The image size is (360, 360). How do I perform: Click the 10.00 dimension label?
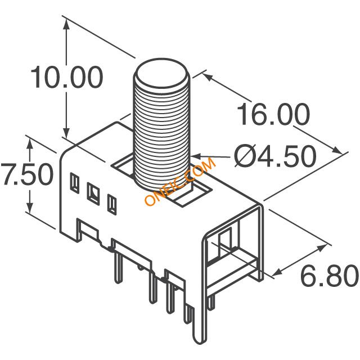(x=67, y=78)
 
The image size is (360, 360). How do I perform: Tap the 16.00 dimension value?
(x=273, y=114)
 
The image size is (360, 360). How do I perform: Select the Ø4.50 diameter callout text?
(x=275, y=156)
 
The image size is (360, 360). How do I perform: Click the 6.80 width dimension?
(x=330, y=275)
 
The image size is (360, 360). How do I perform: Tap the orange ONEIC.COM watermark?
(x=181, y=181)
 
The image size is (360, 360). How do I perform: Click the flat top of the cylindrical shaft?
(x=162, y=74)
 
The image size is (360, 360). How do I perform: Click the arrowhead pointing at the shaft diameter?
(x=196, y=156)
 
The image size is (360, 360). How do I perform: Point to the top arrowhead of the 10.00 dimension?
(x=66, y=24)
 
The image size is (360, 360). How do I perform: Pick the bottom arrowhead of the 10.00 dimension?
(x=66, y=133)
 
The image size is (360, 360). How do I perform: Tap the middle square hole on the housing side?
(x=93, y=193)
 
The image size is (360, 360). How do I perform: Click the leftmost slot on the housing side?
(x=74, y=182)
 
